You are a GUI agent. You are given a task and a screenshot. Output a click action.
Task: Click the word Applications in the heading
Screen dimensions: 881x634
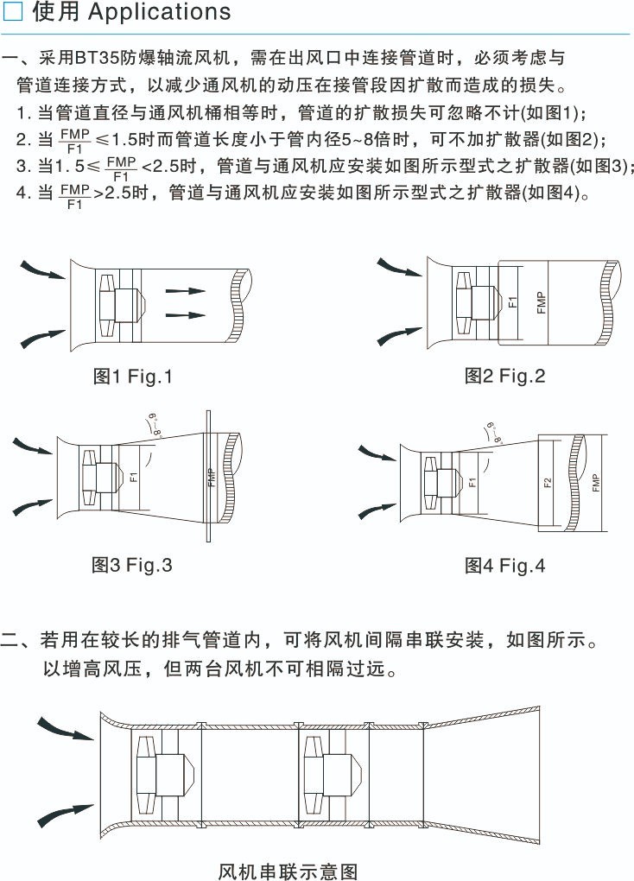(x=160, y=12)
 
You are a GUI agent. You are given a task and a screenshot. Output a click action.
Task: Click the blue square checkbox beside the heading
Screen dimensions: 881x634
(x=15, y=12)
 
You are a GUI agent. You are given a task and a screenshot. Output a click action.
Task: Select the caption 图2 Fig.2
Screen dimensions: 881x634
(x=505, y=376)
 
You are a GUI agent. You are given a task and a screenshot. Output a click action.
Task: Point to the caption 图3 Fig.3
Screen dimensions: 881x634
(x=132, y=565)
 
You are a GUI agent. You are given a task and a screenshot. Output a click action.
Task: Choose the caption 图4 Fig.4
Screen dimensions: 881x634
(x=505, y=566)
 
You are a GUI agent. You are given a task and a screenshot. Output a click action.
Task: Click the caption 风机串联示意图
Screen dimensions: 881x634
(x=288, y=870)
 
